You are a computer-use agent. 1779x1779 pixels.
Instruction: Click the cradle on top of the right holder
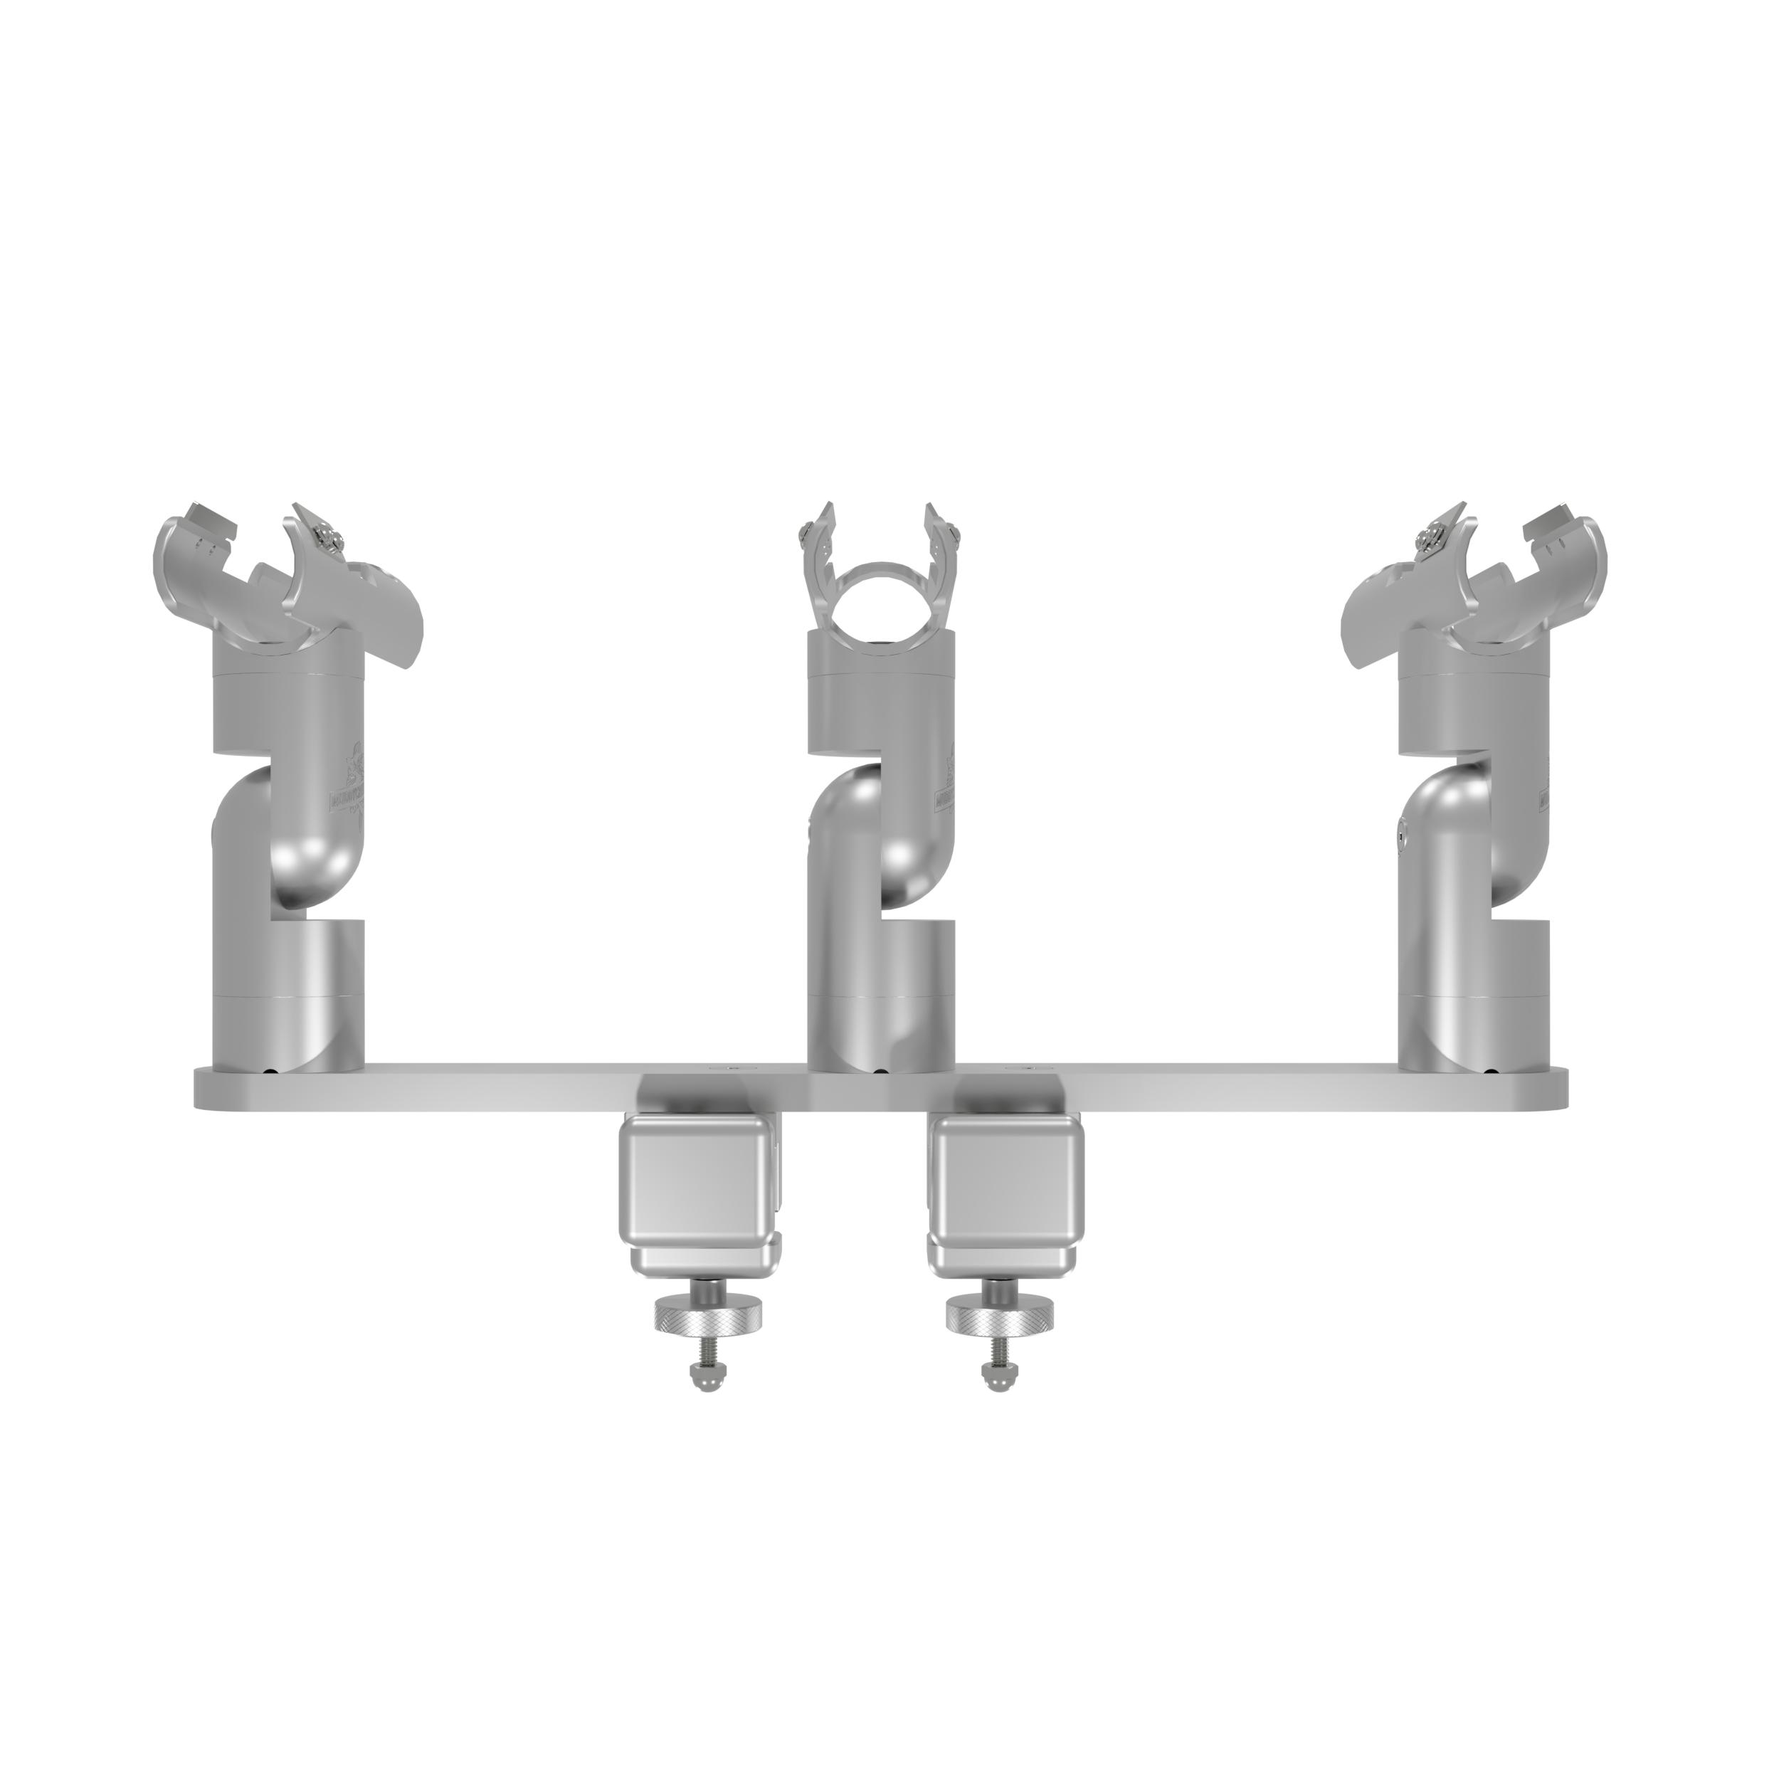click(1473, 580)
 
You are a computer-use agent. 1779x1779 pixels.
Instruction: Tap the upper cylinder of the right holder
click(1473, 700)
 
